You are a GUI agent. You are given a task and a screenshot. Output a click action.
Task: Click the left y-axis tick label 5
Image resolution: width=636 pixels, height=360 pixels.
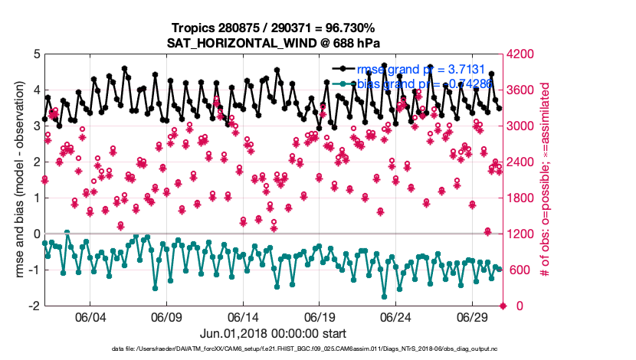click(36, 54)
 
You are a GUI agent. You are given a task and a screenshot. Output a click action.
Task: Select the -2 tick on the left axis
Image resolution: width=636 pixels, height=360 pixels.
click(34, 306)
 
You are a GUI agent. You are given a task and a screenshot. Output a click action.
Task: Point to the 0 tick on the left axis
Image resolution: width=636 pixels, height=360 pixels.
click(36, 234)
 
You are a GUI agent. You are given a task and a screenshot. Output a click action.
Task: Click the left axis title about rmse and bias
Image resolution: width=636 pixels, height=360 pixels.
click(18, 180)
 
